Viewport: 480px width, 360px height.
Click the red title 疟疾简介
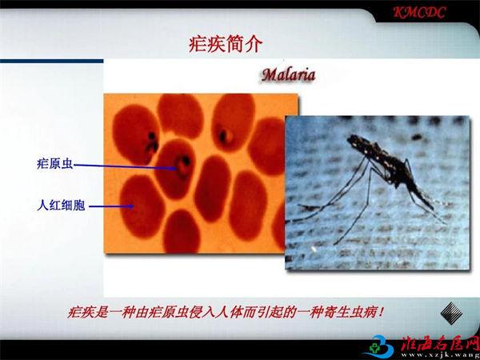tap(226, 45)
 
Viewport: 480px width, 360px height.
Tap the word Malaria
tap(288, 75)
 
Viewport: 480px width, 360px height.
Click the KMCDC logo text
tap(419, 13)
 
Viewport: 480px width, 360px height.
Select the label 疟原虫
tap(55, 164)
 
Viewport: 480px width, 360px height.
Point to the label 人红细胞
tap(61, 205)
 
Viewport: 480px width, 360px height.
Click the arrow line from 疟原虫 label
tap(126, 167)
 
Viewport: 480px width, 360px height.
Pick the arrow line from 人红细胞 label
tap(111, 206)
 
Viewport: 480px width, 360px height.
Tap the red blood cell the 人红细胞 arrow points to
tap(142, 206)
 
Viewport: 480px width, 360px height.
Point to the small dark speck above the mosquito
tap(416, 137)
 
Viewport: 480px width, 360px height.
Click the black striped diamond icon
tap(451, 313)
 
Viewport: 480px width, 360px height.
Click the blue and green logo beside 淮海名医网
tap(381, 347)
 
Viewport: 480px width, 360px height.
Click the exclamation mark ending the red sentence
tap(381, 313)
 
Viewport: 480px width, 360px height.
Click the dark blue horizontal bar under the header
tap(52, 62)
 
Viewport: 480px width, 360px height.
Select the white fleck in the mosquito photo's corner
tap(314, 249)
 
